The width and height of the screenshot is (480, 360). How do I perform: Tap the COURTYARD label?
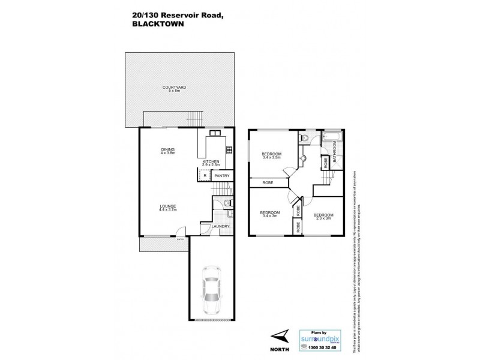coord(174,89)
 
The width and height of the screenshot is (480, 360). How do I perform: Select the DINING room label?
coord(167,151)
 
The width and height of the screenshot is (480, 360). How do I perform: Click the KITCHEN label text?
coord(210,163)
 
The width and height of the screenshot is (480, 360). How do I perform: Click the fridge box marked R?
coord(205,175)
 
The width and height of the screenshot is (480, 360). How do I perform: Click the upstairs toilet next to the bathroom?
coord(305,139)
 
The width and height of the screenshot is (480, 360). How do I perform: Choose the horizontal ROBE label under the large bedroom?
coord(264,182)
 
